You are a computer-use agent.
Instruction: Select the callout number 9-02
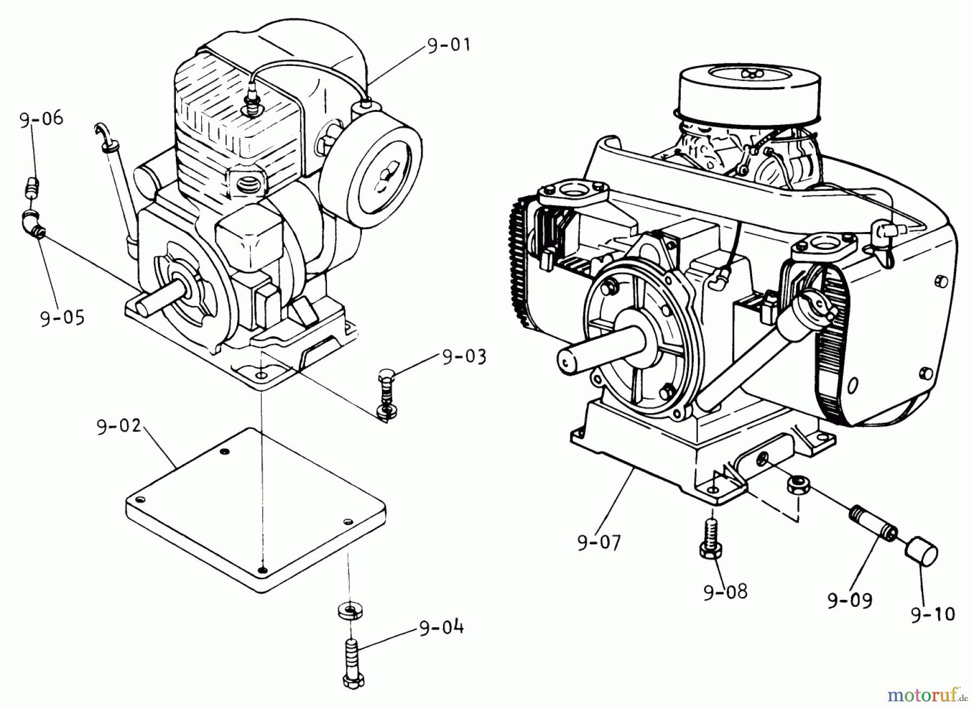click(119, 427)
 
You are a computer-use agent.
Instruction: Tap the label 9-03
click(464, 357)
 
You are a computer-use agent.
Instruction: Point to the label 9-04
click(440, 628)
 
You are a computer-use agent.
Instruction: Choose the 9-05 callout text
click(63, 317)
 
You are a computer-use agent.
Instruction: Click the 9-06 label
click(42, 119)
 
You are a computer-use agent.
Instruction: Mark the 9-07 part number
click(599, 541)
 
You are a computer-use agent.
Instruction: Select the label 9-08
click(725, 591)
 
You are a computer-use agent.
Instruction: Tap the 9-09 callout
click(850, 600)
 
